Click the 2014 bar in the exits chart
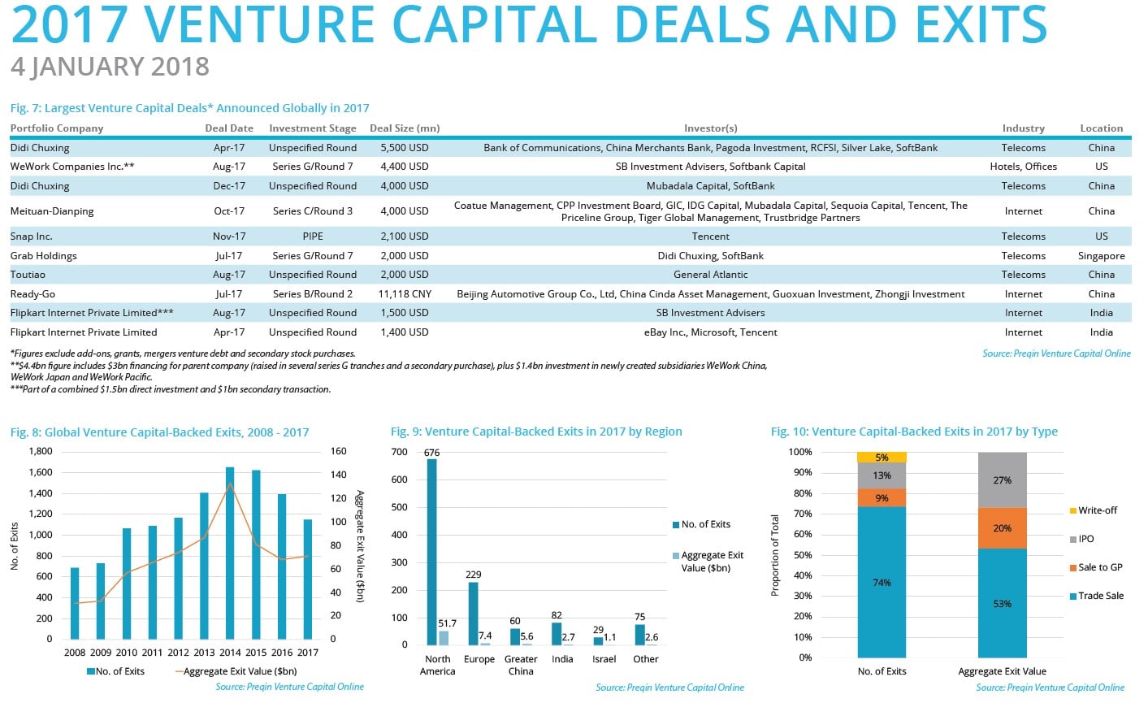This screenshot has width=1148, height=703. click(x=230, y=553)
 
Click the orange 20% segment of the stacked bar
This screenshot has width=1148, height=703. click(x=1002, y=528)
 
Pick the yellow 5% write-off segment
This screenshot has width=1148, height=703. click(x=882, y=458)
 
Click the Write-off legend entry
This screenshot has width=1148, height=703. click(x=1097, y=510)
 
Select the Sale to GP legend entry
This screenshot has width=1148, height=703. click(x=1099, y=567)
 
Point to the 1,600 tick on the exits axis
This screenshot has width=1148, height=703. click(x=41, y=472)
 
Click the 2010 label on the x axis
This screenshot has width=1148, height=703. click(x=126, y=652)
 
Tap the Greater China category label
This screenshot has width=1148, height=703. click(x=521, y=665)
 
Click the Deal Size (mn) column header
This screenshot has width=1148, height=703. click(x=405, y=128)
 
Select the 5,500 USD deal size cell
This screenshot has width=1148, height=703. click(x=404, y=148)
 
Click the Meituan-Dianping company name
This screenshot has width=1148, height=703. click(x=52, y=211)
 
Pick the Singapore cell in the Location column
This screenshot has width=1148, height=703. click(x=1102, y=256)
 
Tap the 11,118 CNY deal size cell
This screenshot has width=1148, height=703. click(x=405, y=294)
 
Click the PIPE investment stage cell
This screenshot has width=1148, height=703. click(x=313, y=237)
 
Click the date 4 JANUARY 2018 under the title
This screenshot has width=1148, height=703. click(x=110, y=67)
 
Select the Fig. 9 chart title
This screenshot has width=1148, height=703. click(x=536, y=432)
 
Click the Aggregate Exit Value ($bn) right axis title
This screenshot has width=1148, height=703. click(x=361, y=546)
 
